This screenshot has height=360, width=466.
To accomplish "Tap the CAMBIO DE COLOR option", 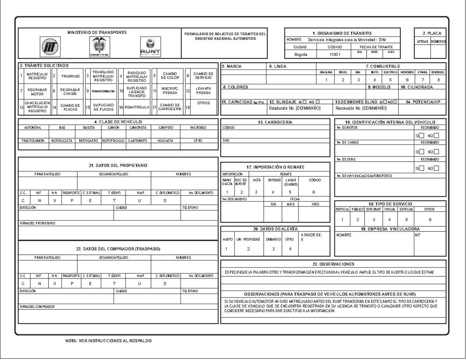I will click(x=170, y=77).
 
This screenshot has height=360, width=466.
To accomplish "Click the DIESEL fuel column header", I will click(x=343, y=72).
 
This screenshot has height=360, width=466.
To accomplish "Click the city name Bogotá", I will click(x=301, y=55).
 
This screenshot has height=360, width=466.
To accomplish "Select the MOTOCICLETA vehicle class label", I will click(x=61, y=141).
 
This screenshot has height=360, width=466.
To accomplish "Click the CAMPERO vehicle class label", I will click(x=165, y=127).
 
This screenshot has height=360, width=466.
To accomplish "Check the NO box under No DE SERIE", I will click(x=436, y=168).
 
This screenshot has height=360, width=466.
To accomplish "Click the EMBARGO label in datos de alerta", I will click(x=273, y=239).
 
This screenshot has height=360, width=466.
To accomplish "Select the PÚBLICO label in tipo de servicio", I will click(x=358, y=209).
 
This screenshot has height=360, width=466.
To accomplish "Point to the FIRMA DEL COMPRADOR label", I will click(x=38, y=307).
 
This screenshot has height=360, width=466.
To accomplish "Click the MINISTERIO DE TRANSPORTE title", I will click(x=97, y=32).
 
